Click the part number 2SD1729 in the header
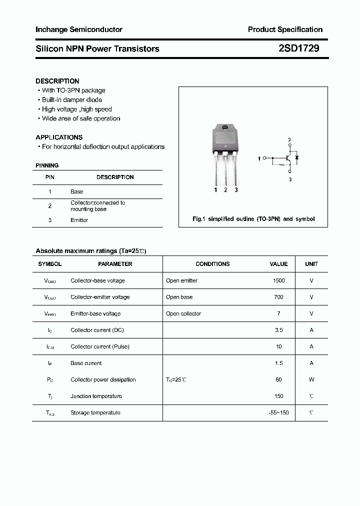(298, 48)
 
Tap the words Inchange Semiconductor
(79, 29)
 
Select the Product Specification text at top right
(285, 29)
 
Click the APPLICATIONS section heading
(59, 137)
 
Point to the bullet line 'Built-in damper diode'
(71, 99)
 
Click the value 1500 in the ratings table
(278, 280)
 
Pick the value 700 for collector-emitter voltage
(278, 297)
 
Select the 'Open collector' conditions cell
(183, 313)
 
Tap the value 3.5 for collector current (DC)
(278, 330)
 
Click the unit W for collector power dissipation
(311, 379)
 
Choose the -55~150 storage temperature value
(278, 412)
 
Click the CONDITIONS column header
(212, 263)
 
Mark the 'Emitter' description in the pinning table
(79, 220)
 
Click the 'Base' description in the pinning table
(76, 191)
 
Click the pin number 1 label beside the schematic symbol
(259, 158)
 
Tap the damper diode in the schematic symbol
(296, 158)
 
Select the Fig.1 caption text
(253, 219)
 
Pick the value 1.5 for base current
(278, 363)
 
